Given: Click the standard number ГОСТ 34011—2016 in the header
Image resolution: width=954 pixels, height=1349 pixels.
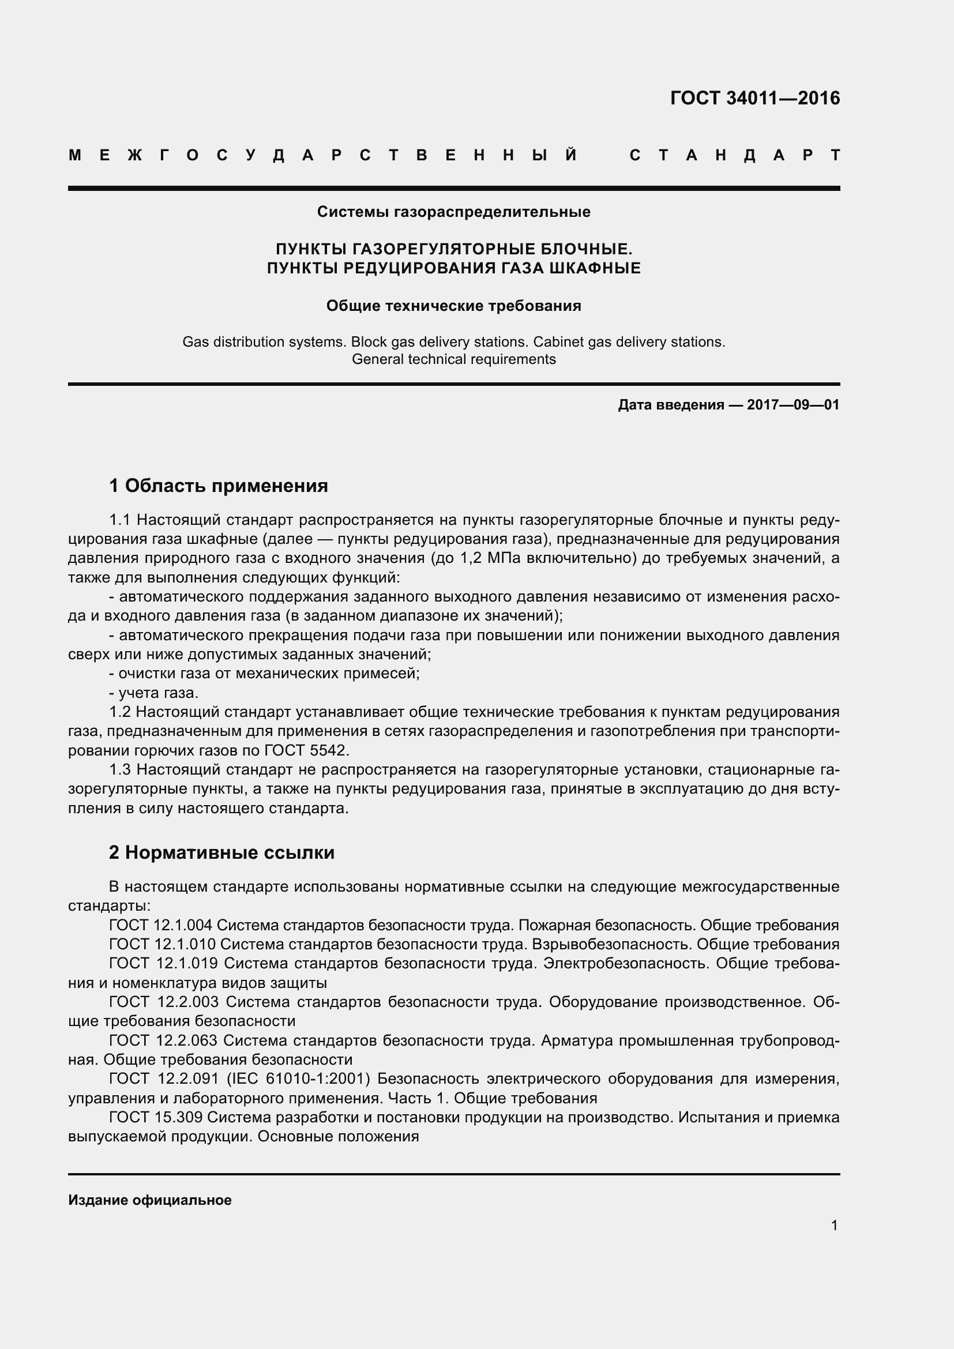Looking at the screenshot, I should click(x=755, y=98).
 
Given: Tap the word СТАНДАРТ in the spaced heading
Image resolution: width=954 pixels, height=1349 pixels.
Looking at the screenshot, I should click(x=735, y=156).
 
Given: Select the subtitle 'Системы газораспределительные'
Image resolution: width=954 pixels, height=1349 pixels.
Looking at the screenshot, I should click(x=453, y=212).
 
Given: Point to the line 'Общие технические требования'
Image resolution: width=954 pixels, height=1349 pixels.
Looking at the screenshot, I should click(x=453, y=306).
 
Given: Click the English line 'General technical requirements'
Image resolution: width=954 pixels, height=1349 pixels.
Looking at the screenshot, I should click(x=453, y=359).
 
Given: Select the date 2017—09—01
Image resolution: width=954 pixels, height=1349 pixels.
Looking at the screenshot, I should click(x=793, y=405).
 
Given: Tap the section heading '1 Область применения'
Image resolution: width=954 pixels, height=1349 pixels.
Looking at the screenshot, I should click(x=219, y=486).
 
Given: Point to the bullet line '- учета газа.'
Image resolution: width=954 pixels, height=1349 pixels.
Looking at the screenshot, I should click(x=154, y=693).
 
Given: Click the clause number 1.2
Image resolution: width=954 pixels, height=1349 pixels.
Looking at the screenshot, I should click(x=121, y=712).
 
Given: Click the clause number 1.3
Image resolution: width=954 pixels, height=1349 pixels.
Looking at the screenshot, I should click(x=121, y=770).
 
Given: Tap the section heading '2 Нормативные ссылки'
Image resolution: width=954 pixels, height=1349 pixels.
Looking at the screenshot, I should click(x=221, y=852).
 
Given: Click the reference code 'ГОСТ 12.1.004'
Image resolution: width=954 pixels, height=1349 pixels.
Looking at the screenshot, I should click(x=160, y=925).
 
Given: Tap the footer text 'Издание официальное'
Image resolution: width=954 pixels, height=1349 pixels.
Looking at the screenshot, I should click(x=150, y=1200).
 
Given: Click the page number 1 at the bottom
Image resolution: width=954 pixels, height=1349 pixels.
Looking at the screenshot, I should click(x=834, y=1225).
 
